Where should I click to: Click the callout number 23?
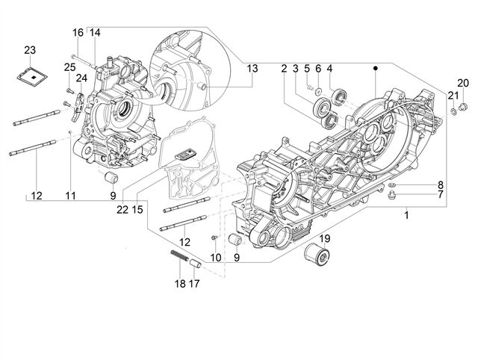[30, 50]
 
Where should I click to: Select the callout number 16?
[78, 33]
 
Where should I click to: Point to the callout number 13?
[252, 69]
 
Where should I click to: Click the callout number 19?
[326, 239]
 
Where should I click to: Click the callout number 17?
[194, 284]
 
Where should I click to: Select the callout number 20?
[463, 83]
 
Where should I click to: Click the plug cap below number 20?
[463, 106]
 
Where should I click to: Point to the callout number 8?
[440, 184]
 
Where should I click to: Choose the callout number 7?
[440, 194]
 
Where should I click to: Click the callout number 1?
[406, 216]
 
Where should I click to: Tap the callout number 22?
[122, 210]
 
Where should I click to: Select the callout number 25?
[69, 67]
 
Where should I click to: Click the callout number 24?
[81, 78]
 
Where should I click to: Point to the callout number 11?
[70, 196]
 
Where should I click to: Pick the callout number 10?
[216, 258]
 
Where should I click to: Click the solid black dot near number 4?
[376, 69]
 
